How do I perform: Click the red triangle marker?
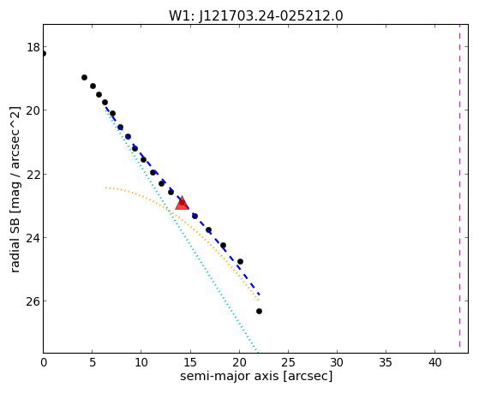(x=182, y=203)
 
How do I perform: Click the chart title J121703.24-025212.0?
(x=271, y=16)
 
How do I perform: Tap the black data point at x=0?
(x=44, y=54)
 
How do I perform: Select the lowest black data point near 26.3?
(x=259, y=311)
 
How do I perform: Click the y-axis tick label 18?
(x=33, y=47)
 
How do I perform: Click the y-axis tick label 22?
(x=33, y=174)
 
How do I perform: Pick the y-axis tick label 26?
(x=33, y=301)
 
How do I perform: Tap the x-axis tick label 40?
(x=435, y=362)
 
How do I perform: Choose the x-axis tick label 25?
(x=288, y=362)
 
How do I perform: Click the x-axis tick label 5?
(x=93, y=362)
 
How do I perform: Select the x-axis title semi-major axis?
(x=230, y=376)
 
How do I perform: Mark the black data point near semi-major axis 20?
(x=240, y=261)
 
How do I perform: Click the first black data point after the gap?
(x=84, y=78)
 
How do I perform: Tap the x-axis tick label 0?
(x=44, y=362)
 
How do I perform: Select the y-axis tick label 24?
(x=33, y=237)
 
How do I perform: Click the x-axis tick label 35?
(x=386, y=362)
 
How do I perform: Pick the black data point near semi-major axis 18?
(x=223, y=245)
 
